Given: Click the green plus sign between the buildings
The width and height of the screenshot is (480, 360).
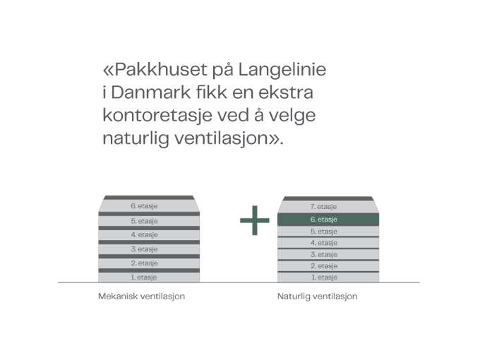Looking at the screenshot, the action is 255,220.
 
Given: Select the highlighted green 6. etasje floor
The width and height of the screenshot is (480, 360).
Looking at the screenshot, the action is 328,220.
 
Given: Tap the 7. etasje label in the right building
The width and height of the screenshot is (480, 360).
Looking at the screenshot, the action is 323,207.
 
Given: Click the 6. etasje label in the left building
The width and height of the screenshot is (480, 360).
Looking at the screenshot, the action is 144,206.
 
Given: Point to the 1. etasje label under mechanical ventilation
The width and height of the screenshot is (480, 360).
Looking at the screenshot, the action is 144,277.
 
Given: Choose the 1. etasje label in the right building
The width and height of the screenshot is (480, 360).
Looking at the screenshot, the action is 325,277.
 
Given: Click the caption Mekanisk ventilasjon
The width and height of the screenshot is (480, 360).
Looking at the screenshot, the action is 141,296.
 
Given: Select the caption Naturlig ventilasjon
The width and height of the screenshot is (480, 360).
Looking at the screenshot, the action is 318,296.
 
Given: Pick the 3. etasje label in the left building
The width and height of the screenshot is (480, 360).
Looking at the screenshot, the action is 144,249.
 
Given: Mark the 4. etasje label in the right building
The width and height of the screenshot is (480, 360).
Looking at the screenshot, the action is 324,243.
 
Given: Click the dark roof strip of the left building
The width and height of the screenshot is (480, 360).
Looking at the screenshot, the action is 149,198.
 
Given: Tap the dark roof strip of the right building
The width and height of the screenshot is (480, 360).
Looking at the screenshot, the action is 328,198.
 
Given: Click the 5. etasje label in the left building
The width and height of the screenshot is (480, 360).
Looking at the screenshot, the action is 144,221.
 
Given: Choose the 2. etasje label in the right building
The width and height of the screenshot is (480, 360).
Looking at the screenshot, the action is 324,266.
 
